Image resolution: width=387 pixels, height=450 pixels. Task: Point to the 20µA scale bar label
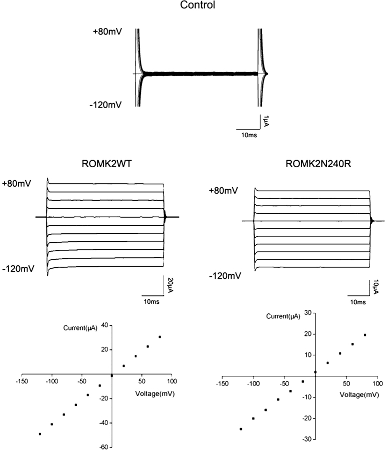pyautogui.click(x=170, y=284)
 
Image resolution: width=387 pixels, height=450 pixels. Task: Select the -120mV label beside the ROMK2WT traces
pyautogui.click(x=18, y=269)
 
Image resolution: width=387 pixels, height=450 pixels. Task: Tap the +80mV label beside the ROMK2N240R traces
pyautogui.click(x=223, y=191)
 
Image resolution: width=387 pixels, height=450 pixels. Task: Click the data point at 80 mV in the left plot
pyautogui.click(x=159, y=337)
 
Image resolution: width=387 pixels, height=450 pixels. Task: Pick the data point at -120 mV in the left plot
pyautogui.click(x=40, y=434)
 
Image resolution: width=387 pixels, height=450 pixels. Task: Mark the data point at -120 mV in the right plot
pyautogui.click(x=241, y=429)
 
